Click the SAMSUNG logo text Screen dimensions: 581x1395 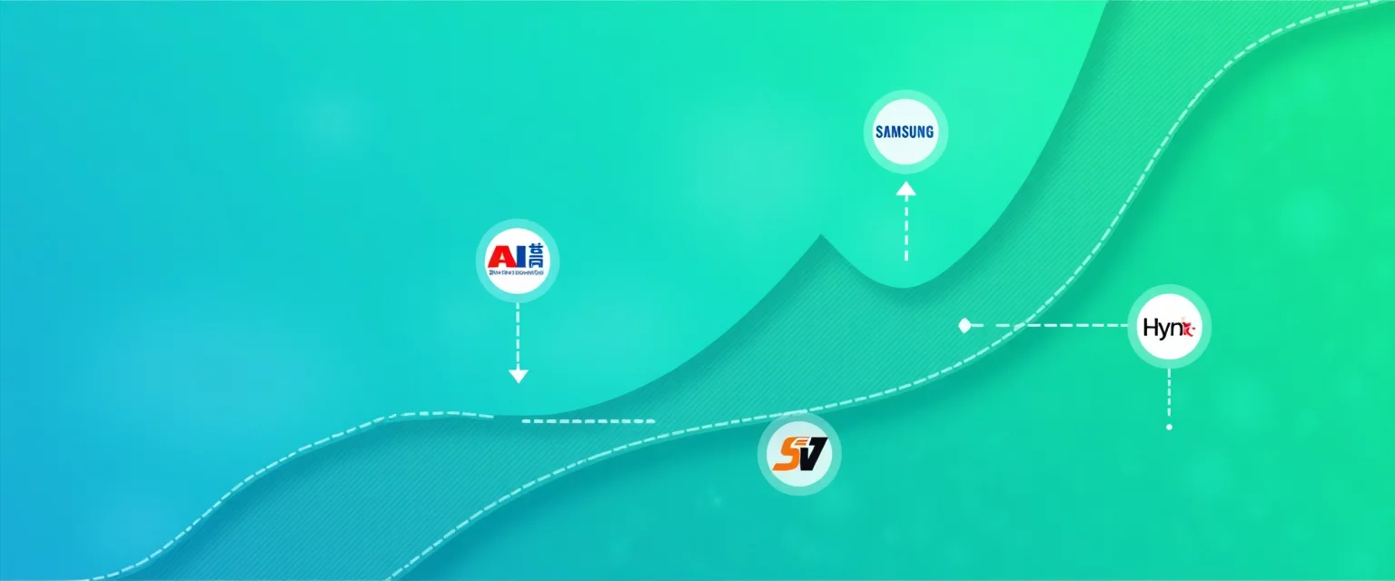[x=905, y=132]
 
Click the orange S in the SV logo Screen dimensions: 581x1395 [x=785, y=453]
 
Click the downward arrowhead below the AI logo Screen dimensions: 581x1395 [x=518, y=375]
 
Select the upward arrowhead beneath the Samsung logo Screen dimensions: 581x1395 [x=905, y=189]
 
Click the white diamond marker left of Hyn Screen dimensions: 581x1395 [x=965, y=324]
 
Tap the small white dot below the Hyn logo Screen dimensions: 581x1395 [x=1169, y=427]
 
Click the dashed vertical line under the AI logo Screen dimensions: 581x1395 [x=518, y=336]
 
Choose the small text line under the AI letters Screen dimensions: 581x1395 [x=518, y=271]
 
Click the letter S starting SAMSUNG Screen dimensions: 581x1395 [x=879, y=132]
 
